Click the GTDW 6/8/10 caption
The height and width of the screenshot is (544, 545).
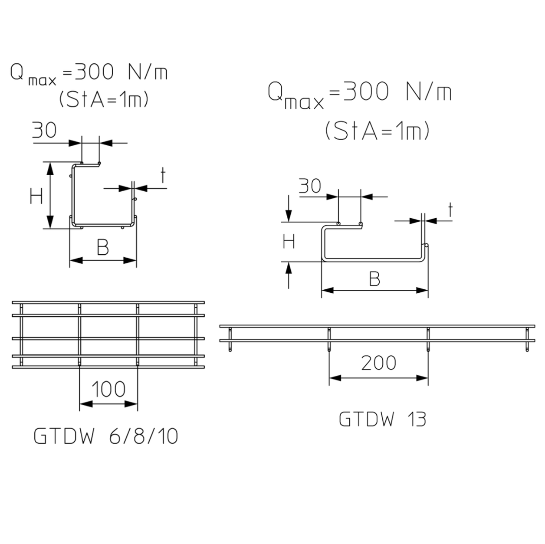106,436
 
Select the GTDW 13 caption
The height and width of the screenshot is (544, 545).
382,419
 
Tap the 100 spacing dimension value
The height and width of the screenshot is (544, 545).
108,389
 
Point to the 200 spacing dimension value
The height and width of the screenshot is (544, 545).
378,363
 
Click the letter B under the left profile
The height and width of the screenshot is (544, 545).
103,248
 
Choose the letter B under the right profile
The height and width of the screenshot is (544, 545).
374,279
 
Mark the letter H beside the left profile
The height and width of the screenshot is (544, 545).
36,197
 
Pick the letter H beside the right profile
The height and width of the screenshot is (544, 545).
289,241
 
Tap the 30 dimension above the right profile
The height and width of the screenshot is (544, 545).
310,186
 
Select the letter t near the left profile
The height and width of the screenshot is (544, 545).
163,176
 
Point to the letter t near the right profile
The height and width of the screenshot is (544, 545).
450,210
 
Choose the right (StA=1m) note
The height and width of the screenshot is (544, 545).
377,131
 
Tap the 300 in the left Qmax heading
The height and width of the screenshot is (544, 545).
95,72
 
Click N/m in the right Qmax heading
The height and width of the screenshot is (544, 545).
428,92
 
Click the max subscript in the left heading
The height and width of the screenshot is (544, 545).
42,81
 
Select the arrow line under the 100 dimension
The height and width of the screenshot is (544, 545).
108,404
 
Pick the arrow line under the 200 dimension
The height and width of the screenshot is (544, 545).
378,378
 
